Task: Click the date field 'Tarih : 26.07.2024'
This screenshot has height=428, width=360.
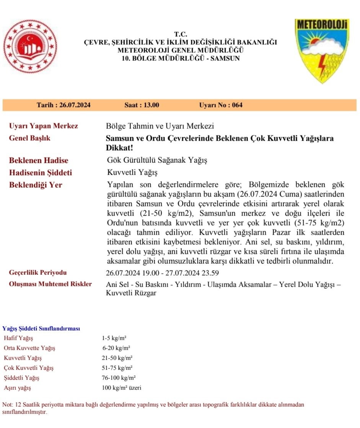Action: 64,105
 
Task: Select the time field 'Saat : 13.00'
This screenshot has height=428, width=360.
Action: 142,105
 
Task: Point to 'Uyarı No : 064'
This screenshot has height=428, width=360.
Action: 221,105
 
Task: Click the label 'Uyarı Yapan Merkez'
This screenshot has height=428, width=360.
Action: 43,126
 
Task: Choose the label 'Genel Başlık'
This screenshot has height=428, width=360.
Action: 29,138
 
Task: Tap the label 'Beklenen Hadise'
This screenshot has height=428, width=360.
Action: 39,160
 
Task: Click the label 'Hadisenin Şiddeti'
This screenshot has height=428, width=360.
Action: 41,173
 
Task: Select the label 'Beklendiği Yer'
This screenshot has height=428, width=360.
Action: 36,185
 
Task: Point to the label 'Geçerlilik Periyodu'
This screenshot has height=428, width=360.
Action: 37,273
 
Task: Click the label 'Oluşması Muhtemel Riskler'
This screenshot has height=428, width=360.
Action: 50,284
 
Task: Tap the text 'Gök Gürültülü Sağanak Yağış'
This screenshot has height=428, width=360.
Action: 156,160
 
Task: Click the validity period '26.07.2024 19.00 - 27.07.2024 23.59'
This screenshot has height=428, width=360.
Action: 162,273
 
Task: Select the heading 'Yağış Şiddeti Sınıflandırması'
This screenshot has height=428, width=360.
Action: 41,329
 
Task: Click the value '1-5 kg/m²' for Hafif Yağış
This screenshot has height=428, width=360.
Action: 114,338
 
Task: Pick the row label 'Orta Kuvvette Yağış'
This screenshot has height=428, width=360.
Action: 29,348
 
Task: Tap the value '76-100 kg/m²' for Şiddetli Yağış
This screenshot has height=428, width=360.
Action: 119,378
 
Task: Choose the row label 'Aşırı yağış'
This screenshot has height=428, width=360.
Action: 17,388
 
